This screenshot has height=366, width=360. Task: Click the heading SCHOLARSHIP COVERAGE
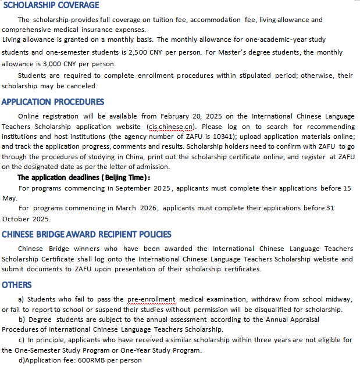coord(51,5)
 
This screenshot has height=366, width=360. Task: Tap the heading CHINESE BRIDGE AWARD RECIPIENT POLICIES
coord(87,235)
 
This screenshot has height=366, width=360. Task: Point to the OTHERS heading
coord(17,285)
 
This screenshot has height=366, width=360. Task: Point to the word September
coord(134,188)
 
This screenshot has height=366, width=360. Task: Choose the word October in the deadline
coord(17,219)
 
